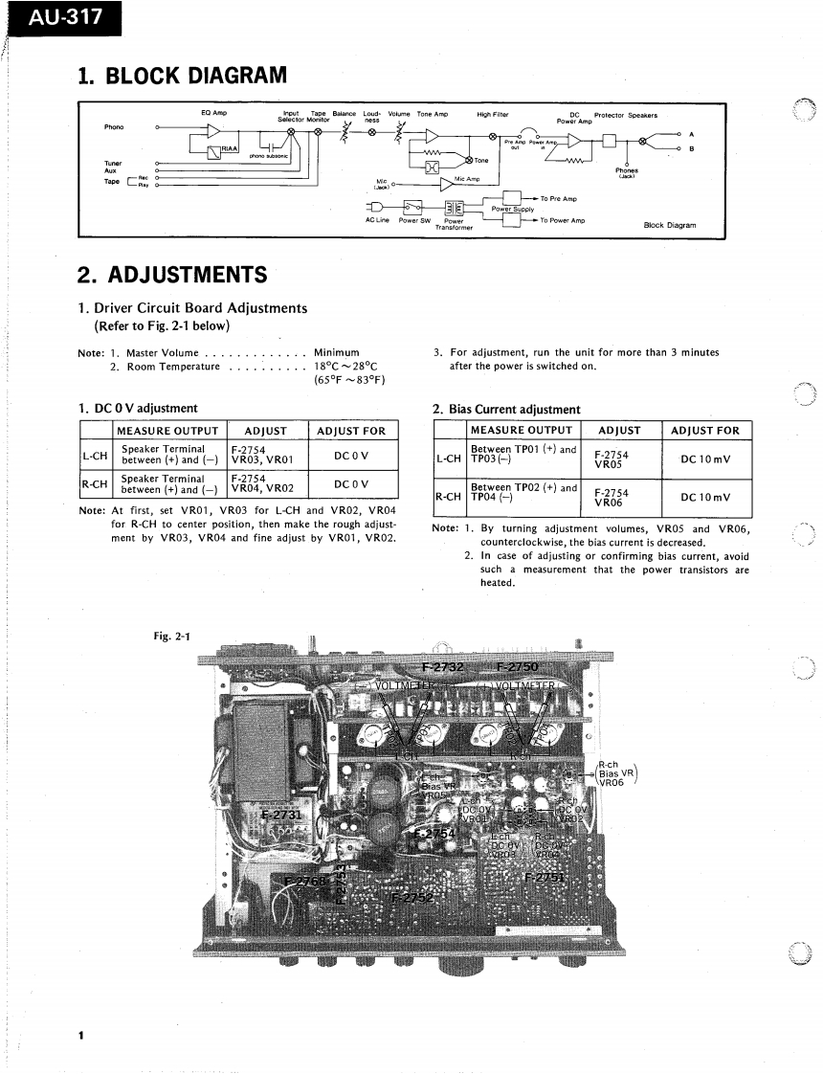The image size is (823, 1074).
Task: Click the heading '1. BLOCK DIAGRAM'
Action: coord(181,74)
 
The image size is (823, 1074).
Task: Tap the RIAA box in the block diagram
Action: coord(228,148)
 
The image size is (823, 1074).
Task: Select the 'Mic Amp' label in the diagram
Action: coord(467,178)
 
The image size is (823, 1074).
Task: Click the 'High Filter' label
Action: coord(492,115)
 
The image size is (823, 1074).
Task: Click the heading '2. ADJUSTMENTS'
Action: coord(172,275)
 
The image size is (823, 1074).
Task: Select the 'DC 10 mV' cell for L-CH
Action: coord(705,459)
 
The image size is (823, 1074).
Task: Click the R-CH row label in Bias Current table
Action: coord(449,497)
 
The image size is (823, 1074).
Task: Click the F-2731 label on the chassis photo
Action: coord(281,816)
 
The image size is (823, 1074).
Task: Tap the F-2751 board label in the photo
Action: coord(544,877)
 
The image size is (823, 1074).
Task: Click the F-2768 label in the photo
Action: coord(306,880)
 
